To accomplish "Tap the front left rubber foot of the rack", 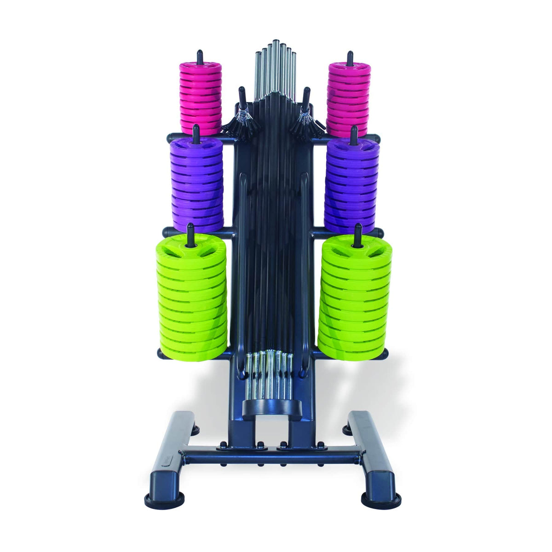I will (159, 499).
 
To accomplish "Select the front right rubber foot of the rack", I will (381, 499).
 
